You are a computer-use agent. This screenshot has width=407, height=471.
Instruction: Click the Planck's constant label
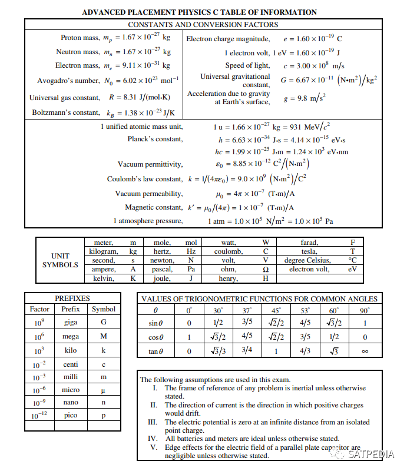155,139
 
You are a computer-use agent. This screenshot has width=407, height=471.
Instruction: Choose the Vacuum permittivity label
150,164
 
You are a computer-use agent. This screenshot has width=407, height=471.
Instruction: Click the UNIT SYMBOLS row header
60,260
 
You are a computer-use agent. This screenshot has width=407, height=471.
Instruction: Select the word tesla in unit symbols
309,251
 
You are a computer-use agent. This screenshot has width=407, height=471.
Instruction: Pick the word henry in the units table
228,278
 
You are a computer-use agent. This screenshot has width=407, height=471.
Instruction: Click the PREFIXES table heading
72,298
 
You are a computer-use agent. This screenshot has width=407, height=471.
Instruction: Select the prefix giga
71,322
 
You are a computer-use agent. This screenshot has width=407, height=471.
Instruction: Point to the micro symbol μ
104,390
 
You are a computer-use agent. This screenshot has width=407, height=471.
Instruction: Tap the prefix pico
71,415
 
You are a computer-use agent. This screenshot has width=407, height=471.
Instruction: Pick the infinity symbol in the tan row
365,351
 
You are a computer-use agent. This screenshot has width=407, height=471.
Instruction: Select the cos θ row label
155,337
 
